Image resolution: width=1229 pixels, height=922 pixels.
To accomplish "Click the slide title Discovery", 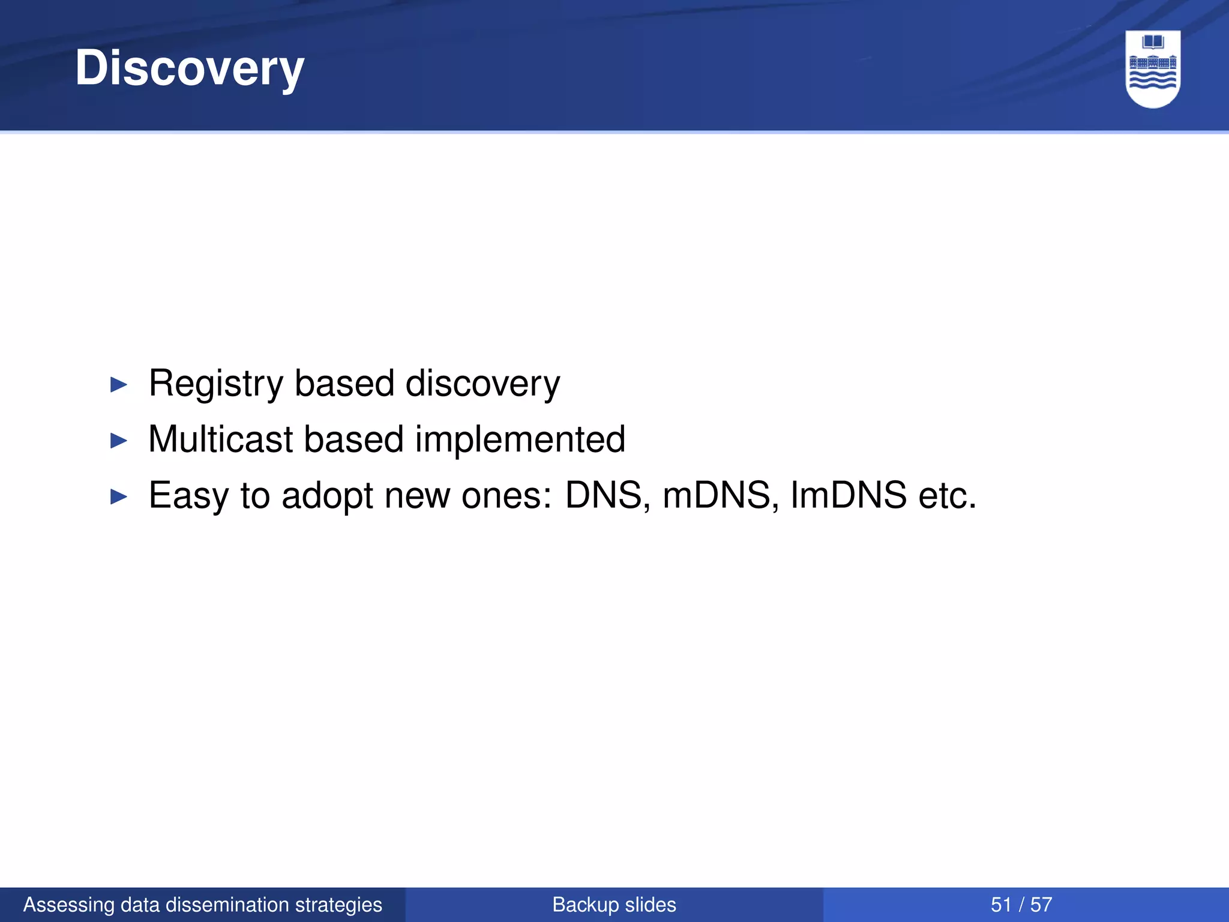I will (190, 68).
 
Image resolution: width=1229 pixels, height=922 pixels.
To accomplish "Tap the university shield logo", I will (1153, 69).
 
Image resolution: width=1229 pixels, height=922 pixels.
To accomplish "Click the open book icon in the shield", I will (1153, 42).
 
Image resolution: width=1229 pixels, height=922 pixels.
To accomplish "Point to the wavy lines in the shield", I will (1153, 80).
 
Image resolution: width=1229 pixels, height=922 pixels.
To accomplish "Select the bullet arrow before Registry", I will (119, 385).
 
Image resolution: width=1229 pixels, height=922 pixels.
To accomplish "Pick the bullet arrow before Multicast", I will (119, 441).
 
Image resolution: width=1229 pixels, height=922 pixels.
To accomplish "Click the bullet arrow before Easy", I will (119, 496).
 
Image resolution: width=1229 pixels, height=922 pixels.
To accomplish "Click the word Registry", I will (215, 384).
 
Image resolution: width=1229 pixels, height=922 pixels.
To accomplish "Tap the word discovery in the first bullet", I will (482, 384).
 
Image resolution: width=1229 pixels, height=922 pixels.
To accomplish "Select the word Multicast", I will (220, 439).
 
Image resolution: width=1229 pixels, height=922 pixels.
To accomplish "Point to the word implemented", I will (520, 439).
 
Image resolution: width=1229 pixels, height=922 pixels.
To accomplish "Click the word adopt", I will (328, 496).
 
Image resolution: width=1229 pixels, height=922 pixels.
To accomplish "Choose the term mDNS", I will (716, 495).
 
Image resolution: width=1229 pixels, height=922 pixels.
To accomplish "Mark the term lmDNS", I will (849, 495).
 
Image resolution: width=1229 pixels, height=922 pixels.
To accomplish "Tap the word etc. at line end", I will (948, 496).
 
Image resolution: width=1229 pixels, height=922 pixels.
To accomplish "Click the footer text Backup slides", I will (614, 905).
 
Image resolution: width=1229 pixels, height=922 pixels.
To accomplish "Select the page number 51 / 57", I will (1021, 905).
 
